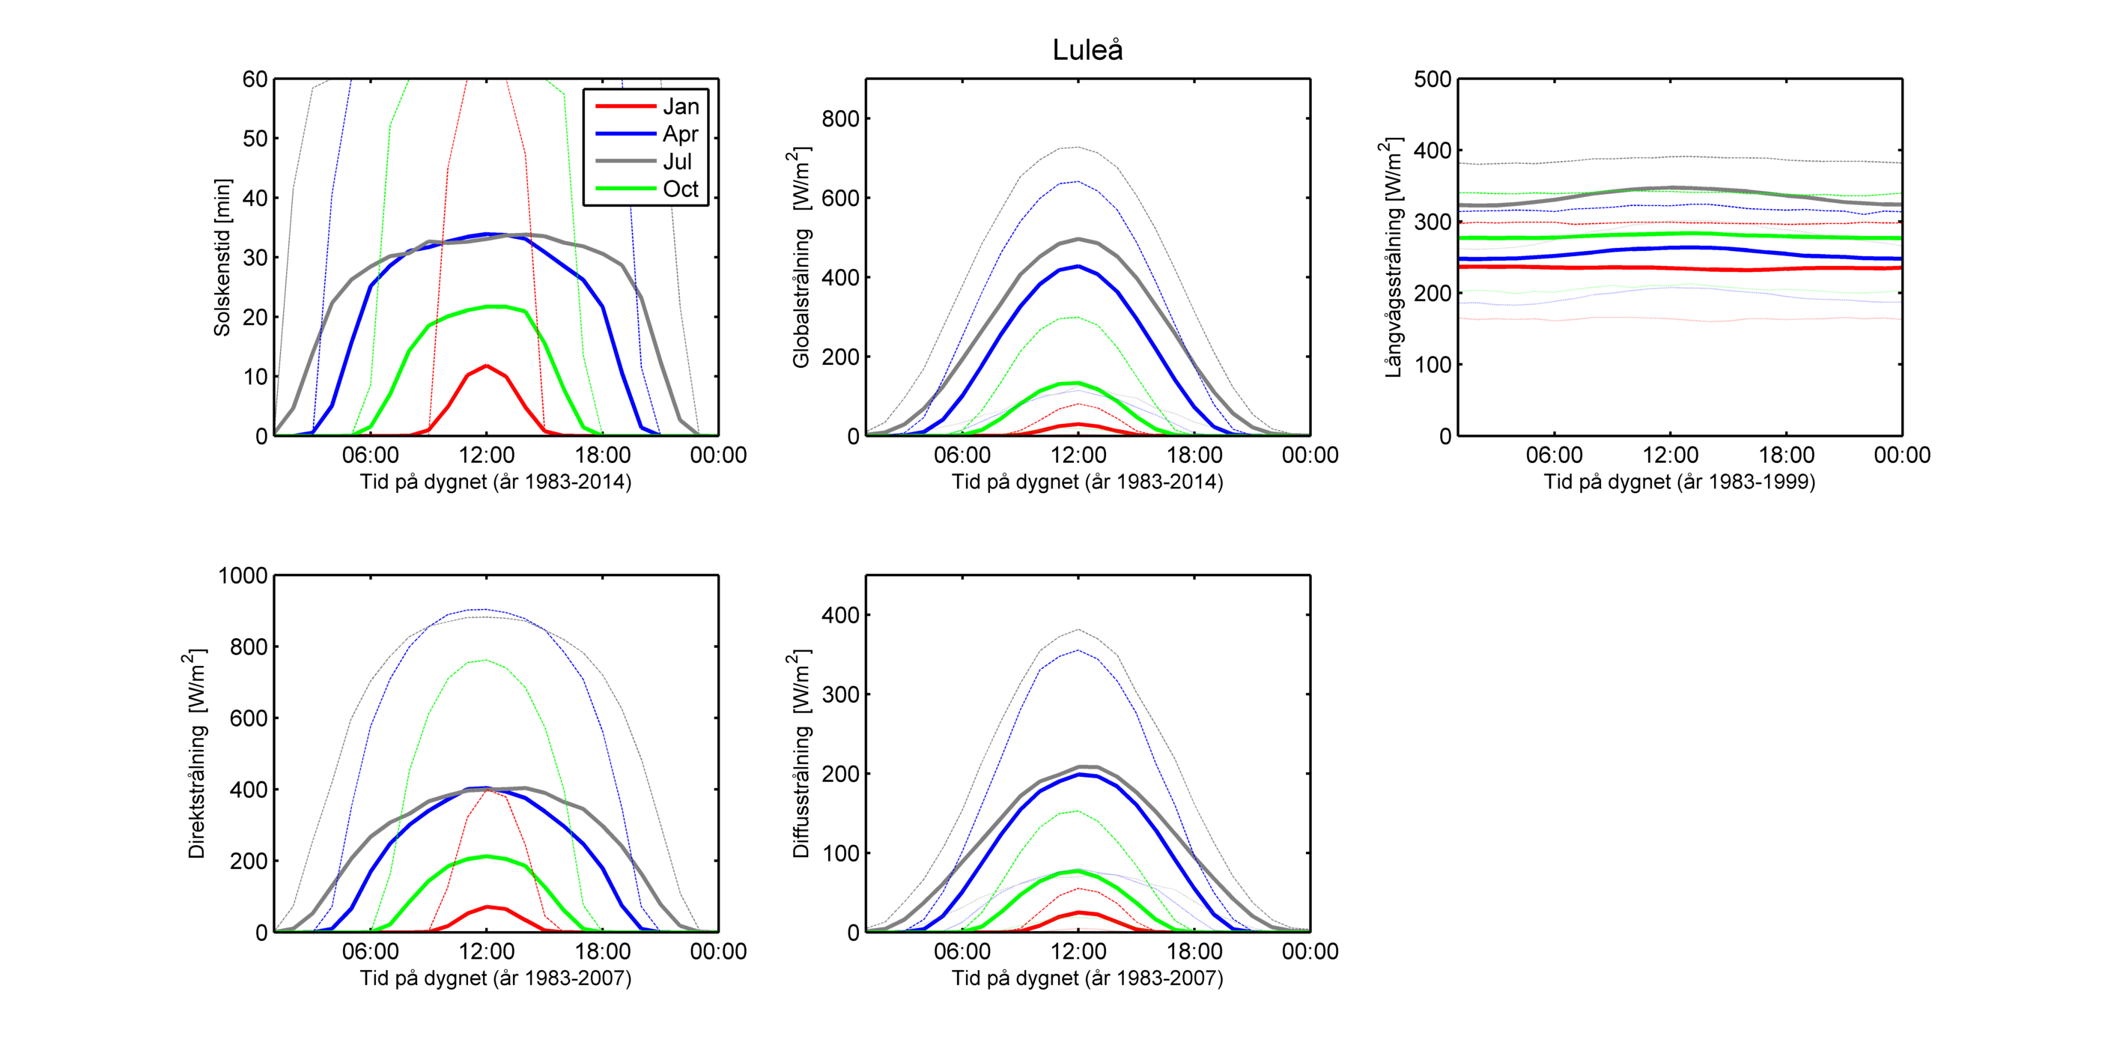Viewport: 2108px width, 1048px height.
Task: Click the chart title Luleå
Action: (x=1087, y=51)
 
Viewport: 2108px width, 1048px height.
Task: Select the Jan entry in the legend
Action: (x=680, y=106)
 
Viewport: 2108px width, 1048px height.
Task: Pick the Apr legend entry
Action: (x=680, y=134)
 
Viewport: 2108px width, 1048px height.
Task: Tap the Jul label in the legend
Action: (x=678, y=162)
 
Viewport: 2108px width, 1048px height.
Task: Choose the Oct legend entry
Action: (x=680, y=189)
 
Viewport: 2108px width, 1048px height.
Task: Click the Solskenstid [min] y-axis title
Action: (x=222, y=257)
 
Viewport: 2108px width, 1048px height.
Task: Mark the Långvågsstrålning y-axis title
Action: (x=1393, y=257)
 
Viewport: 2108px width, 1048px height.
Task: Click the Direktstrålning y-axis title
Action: (x=196, y=754)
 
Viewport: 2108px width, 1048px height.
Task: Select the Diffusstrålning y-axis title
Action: (x=801, y=754)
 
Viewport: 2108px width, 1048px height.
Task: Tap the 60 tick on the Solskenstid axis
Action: (x=255, y=79)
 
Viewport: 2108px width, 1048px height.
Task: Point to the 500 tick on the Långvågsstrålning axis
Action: (x=1432, y=79)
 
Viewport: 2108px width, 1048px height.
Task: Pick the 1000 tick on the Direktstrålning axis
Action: (x=243, y=575)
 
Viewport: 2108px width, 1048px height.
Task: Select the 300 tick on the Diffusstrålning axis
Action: (x=840, y=694)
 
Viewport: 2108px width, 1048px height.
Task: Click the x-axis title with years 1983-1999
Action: (x=1679, y=482)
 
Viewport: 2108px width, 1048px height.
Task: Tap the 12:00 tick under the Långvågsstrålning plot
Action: (x=1670, y=455)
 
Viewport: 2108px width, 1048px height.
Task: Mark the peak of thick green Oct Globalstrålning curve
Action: (x=1078, y=384)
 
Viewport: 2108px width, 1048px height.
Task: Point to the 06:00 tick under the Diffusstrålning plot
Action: (x=962, y=951)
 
